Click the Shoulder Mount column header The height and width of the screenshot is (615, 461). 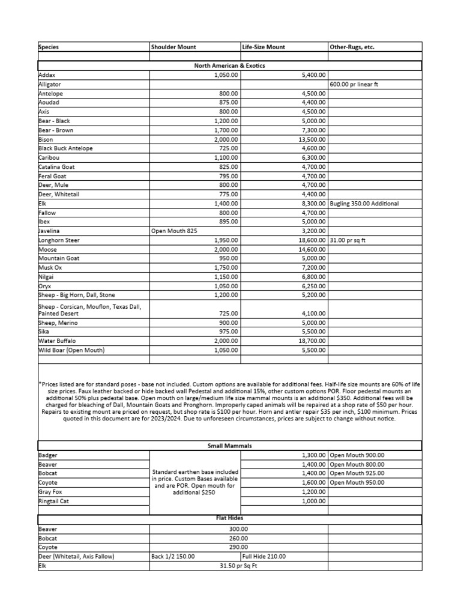(173, 47)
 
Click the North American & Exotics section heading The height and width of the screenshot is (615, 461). (230, 65)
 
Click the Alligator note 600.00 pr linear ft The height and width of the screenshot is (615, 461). (354, 85)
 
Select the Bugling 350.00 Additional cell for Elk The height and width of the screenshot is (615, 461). (364, 204)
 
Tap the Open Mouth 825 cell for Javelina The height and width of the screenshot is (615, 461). (175, 231)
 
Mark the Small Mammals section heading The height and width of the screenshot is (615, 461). (230, 446)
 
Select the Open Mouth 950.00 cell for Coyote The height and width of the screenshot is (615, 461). (357, 482)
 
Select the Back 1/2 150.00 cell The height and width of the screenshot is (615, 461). (173, 556)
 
